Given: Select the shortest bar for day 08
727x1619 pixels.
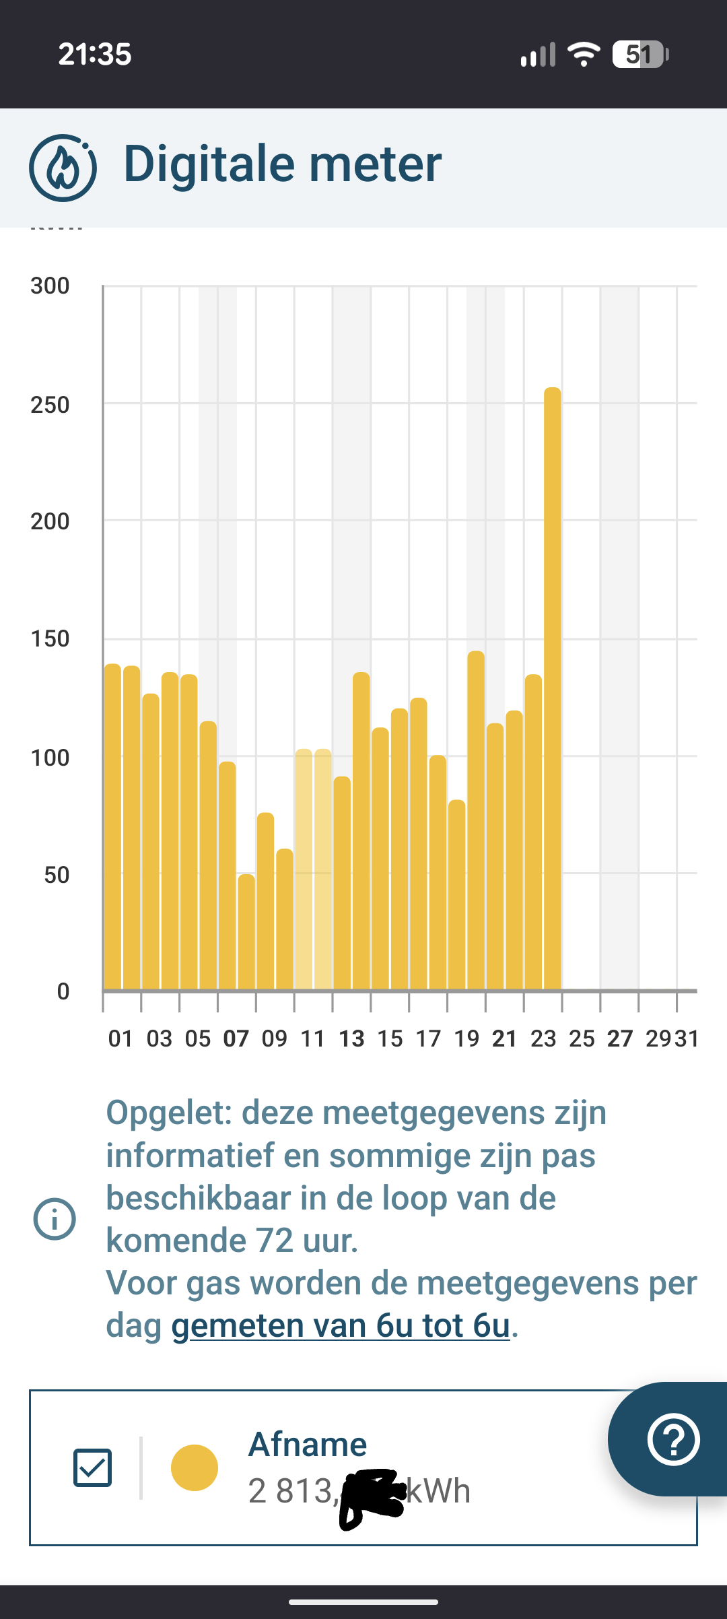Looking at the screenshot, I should click(x=246, y=932).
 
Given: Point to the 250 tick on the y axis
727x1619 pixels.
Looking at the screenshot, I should click(x=50, y=405).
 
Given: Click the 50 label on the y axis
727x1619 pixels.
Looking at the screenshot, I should click(x=57, y=875).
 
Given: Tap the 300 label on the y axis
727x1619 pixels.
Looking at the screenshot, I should click(x=50, y=286).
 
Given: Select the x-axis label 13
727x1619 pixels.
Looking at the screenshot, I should click(x=351, y=1038).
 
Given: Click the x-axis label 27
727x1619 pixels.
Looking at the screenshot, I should click(x=620, y=1038).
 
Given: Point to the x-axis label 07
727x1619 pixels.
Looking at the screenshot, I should click(x=236, y=1038).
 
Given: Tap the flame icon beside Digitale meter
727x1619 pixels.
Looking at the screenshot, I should click(x=63, y=168).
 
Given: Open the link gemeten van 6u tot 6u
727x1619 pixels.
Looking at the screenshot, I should click(x=341, y=1325).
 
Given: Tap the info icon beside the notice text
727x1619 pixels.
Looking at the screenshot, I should click(x=55, y=1219).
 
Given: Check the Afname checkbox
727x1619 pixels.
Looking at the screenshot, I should click(x=92, y=1467).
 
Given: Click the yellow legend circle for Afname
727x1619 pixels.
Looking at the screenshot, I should click(x=195, y=1467).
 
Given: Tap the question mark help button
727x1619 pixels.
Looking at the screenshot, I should click(x=673, y=1440).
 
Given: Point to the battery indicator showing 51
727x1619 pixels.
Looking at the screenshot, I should click(x=639, y=55).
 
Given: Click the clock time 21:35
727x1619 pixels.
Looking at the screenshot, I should click(x=95, y=55).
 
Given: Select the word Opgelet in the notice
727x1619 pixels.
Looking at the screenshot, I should click(x=168, y=1113).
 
